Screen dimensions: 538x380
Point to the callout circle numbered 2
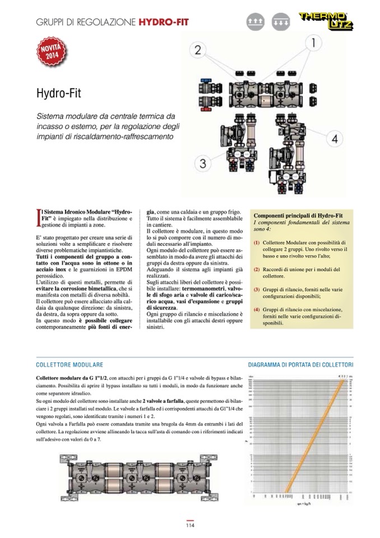197,50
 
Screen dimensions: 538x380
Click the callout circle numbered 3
203,164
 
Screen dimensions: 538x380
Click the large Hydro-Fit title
60,92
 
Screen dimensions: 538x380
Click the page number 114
190,526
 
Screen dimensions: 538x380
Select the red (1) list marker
257,242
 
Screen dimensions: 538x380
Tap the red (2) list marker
257,269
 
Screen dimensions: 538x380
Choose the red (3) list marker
257,289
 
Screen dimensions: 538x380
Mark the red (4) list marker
257,310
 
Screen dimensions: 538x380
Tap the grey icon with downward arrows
280,22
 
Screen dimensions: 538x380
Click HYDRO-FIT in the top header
163,22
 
